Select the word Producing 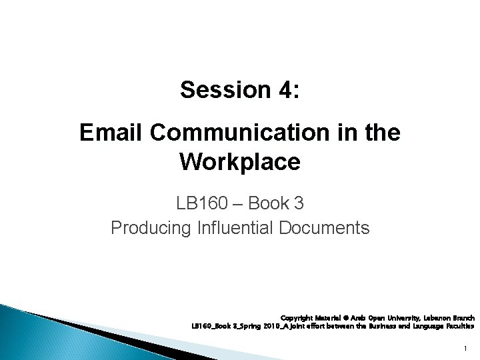[x=152, y=228]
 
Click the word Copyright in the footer [x=299, y=317]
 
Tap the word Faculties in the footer [x=459, y=327]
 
